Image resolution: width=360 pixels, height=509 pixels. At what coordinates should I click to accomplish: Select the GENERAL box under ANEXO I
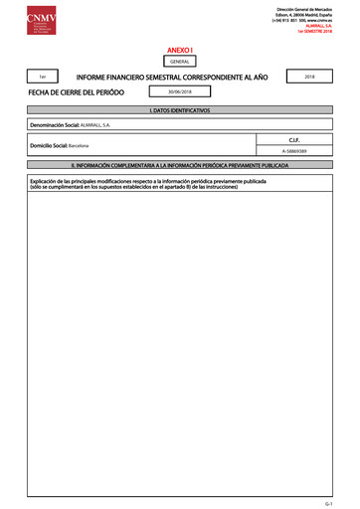click(x=179, y=61)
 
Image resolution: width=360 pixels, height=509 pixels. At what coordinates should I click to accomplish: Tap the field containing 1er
click(x=41, y=77)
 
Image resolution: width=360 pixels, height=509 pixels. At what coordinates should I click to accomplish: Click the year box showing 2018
click(x=309, y=76)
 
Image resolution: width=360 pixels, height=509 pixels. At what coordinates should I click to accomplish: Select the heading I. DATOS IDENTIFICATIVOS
click(x=179, y=109)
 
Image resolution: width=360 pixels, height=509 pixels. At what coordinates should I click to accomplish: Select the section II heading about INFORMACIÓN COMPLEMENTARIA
click(x=179, y=163)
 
